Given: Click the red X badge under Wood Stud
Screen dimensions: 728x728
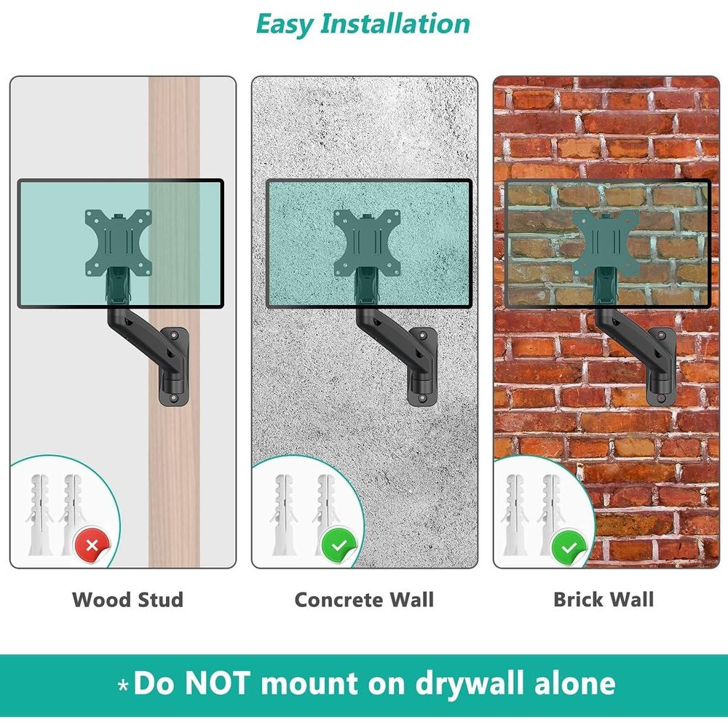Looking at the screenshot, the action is [x=92, y=545].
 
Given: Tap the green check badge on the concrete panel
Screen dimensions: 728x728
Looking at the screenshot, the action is [x=339, y=545].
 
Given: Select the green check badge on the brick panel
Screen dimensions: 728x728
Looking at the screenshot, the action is [x=569, y=548].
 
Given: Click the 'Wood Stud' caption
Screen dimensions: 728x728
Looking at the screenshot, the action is [x=127, y=599].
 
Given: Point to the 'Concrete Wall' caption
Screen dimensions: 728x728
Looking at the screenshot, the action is [x=365, y=599].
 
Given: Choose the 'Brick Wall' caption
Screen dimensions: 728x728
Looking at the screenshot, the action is [x=604, y=599].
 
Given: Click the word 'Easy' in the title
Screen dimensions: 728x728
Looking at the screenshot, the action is [x=285, y=24].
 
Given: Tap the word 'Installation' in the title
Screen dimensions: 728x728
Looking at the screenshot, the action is [x=395, y=23].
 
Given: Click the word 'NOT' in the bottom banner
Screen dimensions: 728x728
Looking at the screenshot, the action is [x=218, y=683].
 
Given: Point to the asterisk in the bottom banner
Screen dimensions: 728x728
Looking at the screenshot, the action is [x=123, y=685].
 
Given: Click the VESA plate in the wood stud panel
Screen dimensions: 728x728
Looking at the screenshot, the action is [x=119, y=243].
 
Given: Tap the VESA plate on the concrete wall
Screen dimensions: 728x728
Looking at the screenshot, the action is [x=367, y=243].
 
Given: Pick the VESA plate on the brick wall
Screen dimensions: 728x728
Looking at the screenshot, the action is [x=606, y=243].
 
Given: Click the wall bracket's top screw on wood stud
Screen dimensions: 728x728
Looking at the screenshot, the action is [x=174, y=335].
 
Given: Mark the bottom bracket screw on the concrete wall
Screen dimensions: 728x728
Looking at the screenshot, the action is [x=422, y=397].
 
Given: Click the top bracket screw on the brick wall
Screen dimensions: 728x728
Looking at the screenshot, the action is [x=662, y=335].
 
